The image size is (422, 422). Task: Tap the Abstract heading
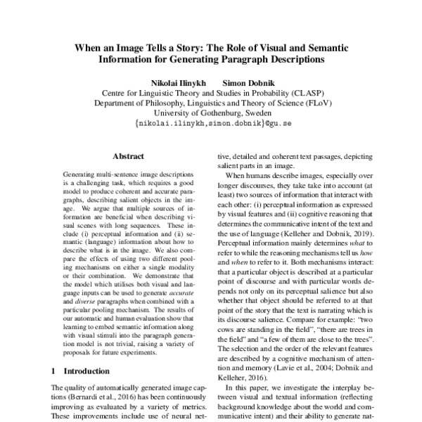click(x=127, y=156)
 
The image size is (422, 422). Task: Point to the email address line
click(x=211, y=122)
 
